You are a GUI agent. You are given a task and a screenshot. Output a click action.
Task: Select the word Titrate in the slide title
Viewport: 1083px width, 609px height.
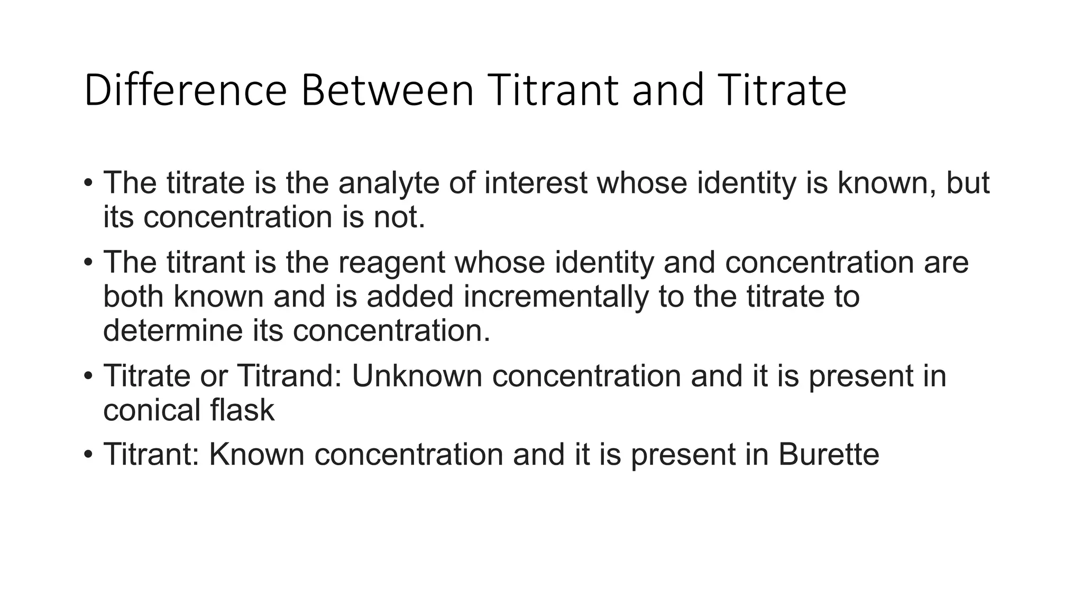tap(782, 90)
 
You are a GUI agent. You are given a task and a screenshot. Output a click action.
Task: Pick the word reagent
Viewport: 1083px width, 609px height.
tap(391, 262)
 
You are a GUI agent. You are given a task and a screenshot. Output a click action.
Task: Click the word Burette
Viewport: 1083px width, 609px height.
tap(828, 454)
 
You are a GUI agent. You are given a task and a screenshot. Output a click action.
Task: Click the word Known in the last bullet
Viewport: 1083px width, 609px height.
tap(256, 454)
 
